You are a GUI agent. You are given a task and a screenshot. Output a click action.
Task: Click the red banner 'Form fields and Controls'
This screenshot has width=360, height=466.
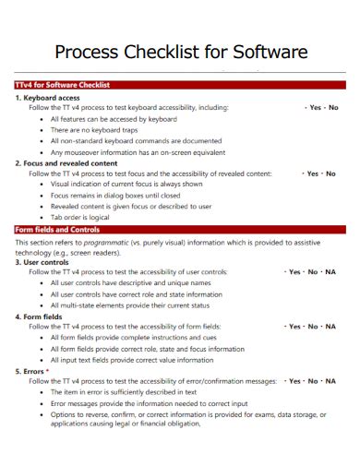(x=57, y=229)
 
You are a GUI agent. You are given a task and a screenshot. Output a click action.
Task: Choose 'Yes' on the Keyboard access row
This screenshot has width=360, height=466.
(x=315, y=107)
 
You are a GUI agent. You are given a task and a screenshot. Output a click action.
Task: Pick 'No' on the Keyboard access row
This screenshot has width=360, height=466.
(x=333, y=107)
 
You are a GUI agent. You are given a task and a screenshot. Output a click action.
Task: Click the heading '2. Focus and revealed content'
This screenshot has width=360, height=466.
(x=66, y=162)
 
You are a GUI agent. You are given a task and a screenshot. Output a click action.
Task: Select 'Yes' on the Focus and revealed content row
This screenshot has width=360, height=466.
(x=313, y=173)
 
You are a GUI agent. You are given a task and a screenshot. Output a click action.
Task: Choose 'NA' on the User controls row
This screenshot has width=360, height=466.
(x=330, y=272)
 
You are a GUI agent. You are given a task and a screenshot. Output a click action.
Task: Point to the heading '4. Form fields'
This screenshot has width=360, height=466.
(x=39, y=316)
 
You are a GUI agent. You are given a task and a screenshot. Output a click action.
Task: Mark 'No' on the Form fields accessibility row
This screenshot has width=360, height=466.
(x=313, y=327)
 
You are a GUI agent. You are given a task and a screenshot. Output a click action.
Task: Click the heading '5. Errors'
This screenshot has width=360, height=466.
(x=32, y=370)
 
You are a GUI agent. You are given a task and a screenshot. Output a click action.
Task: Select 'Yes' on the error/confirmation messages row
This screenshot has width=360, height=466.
(x=294, y=380)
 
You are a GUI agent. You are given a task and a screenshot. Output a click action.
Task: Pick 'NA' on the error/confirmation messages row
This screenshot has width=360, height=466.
(x=330, y=380)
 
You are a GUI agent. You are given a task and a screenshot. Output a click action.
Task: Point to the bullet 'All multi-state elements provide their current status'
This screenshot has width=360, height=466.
(x=130, y=305)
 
